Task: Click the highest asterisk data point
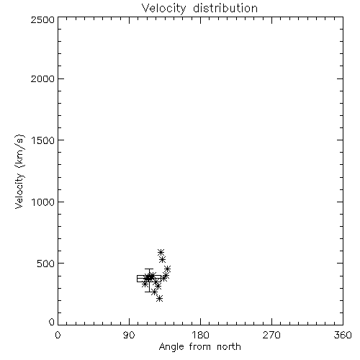[161, 252]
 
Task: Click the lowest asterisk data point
[160, 299]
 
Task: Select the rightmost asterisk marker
[168, 269]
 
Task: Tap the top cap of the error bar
[149, 269]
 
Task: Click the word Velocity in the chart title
[164, 8]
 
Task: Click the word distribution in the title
[225, 8]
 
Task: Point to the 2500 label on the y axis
[42, 19]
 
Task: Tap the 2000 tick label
[42, 78]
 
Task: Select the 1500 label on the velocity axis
[43, 140]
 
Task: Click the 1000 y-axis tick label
[43, 202]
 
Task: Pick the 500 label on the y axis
[45, 264]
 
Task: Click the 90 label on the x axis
[129, 335]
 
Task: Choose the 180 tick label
[200, 335]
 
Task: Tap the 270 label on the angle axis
[271, 335]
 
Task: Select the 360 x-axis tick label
[343, 335]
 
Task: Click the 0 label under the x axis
[58, 335]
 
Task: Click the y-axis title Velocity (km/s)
[19, 171]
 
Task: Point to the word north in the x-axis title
[229, 347]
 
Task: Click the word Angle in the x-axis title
[171, 347]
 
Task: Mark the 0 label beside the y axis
[52, 322]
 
